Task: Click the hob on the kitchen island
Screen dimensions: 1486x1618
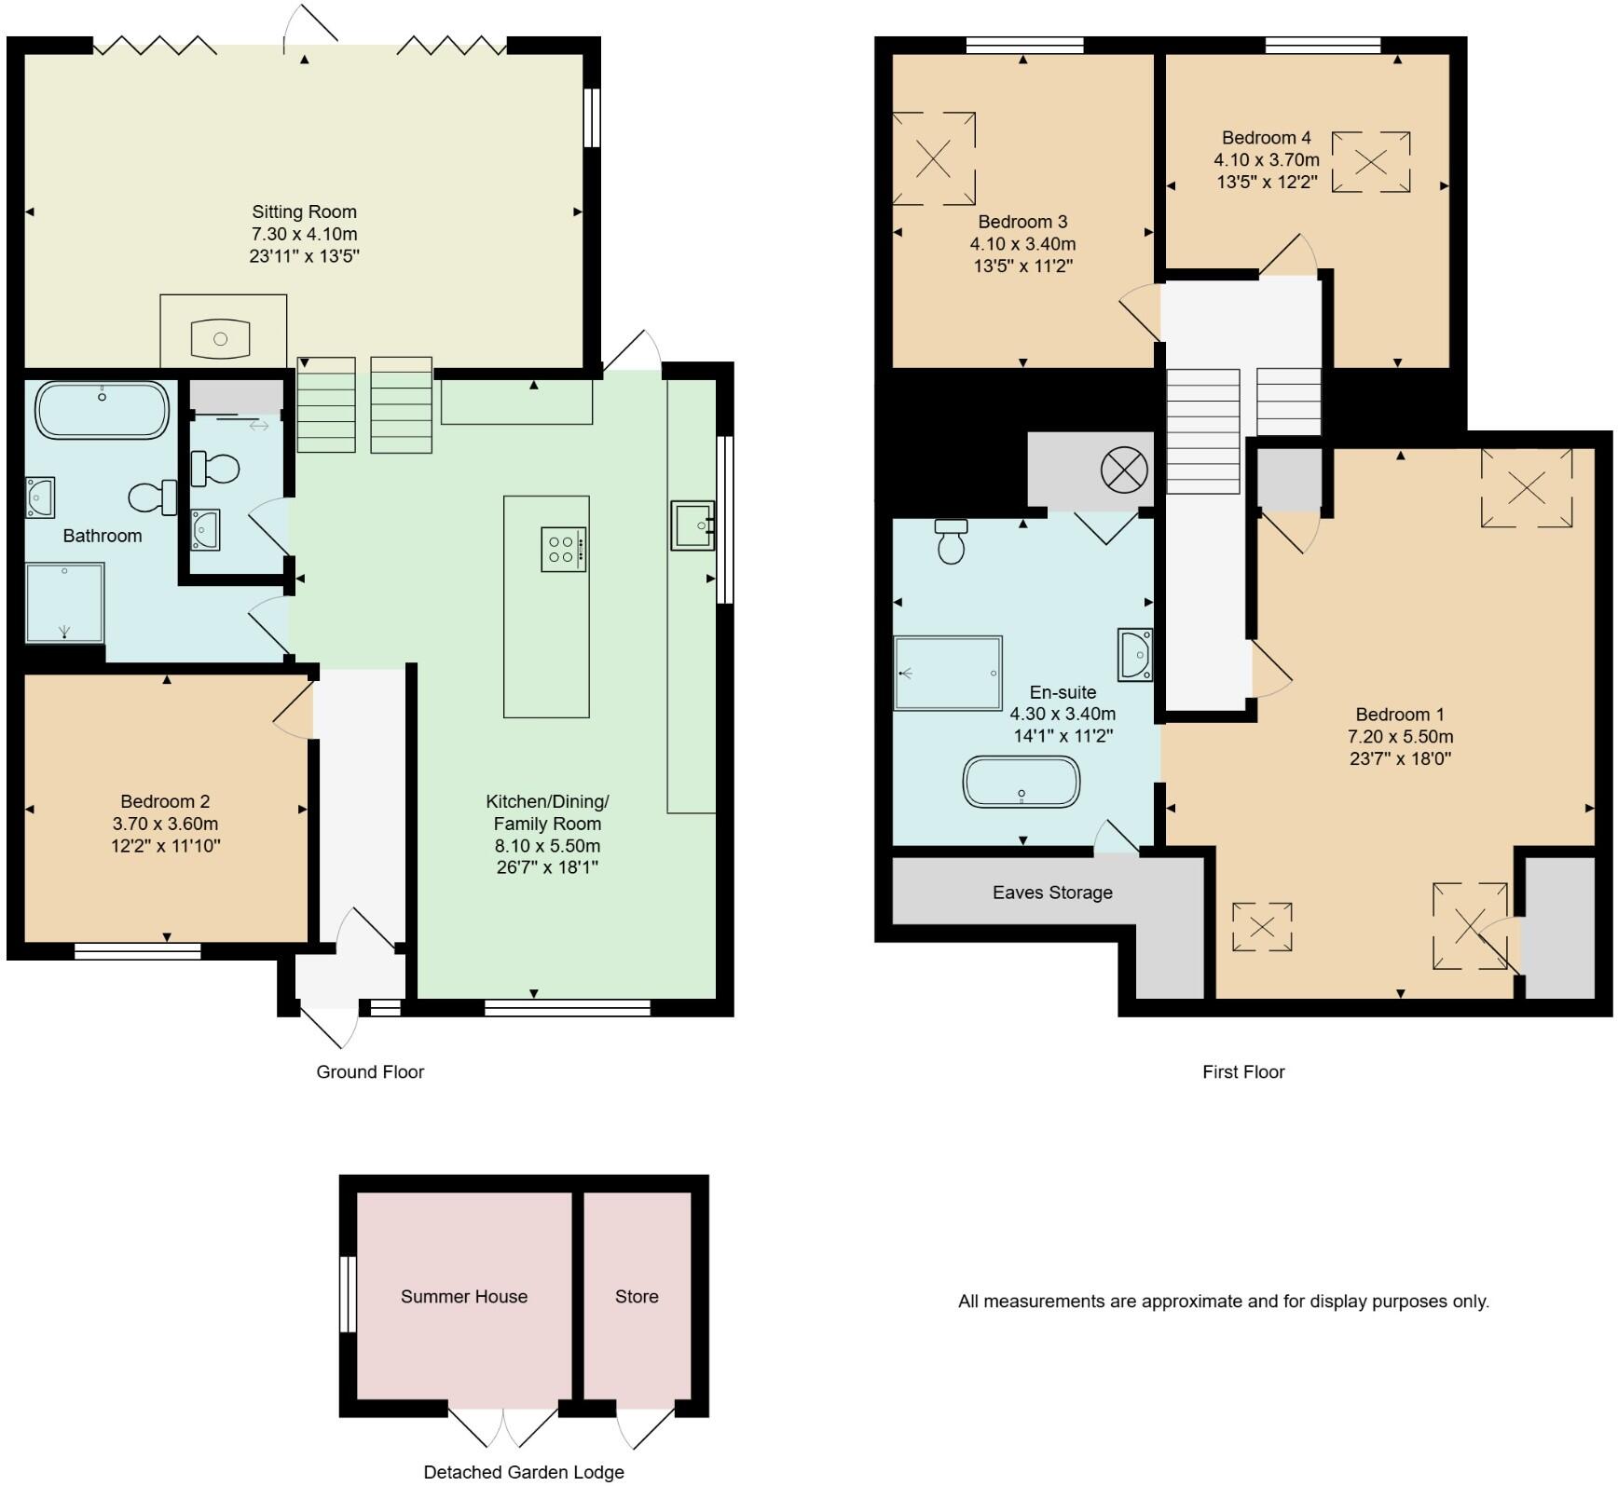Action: pyautogui.click(x=563, y=549)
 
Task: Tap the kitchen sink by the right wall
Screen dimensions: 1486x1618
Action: pyautogui.click(x=692, y=525)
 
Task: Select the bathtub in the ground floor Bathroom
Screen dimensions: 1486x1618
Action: pyautogui.click(x=103, y=410)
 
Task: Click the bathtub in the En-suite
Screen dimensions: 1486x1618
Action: pyautogui.click(x=1022, y=782)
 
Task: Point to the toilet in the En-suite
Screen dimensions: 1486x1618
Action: pyautogui.click(x=951, y=541)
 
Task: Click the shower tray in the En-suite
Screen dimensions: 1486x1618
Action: pyautogui.click(x=948, y=673)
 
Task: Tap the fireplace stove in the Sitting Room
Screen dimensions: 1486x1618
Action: pyautogui.click(x=221, y=339)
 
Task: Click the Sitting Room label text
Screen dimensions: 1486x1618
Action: pyautogui.click(x=304, y=211)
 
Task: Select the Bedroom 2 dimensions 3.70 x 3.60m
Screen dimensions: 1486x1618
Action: pyautogui.click(x=165, y=824)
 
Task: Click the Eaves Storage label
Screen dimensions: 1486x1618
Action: pyautogui.click(x=1052, y=893)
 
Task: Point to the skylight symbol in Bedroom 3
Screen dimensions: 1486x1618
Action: pyautogui.click(x=934, y=158)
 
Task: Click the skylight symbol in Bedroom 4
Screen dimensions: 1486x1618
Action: pyautogui.click(x=1370, y=162)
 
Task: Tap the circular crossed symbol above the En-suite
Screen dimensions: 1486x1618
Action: pyautogui.click(x=1124, y=470)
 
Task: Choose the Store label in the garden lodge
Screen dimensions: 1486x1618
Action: pyautogui.click(x=637, y=1296)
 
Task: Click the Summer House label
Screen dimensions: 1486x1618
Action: pyautogui.click(x=464, y=1296)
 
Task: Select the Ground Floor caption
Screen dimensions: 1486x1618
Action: pyautogui.click(x=370, y=1071)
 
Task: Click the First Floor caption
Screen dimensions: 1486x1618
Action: pyautogui.click(x=1243, y=1071)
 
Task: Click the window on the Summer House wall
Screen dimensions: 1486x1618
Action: pyautogui.click(x=347, y=1295)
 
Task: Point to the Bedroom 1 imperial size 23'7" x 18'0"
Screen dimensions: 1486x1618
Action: pyautogui.click(x=1400, y=758)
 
